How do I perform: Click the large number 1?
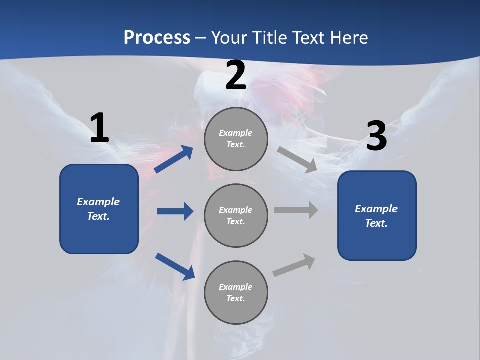point(99,128)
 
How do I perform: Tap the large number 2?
point(236,75)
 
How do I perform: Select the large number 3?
point(376,136)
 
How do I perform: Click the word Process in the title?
point(157,37)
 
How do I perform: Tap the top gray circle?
point(236,139)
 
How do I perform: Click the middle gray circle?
point(236,215)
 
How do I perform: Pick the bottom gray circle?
point(236,292)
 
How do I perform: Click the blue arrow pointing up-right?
point(174,159)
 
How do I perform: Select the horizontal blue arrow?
point(175,211)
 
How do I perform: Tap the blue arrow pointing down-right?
point(175,266)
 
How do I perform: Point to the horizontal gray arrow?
point(296,210)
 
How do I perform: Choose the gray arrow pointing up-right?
point(294,265)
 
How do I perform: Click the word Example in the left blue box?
point(98,202)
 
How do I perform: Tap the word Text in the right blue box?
point(376,223)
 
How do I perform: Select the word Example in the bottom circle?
point(236,287)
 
